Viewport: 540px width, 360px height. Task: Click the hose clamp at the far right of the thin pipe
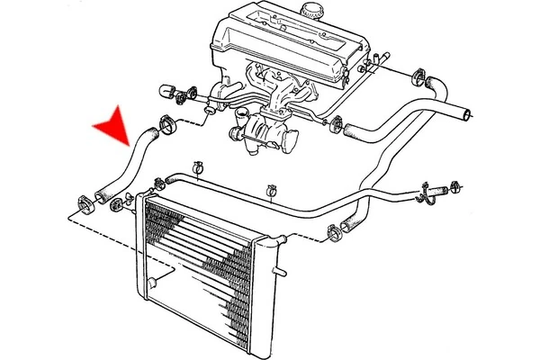coord(454,188)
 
